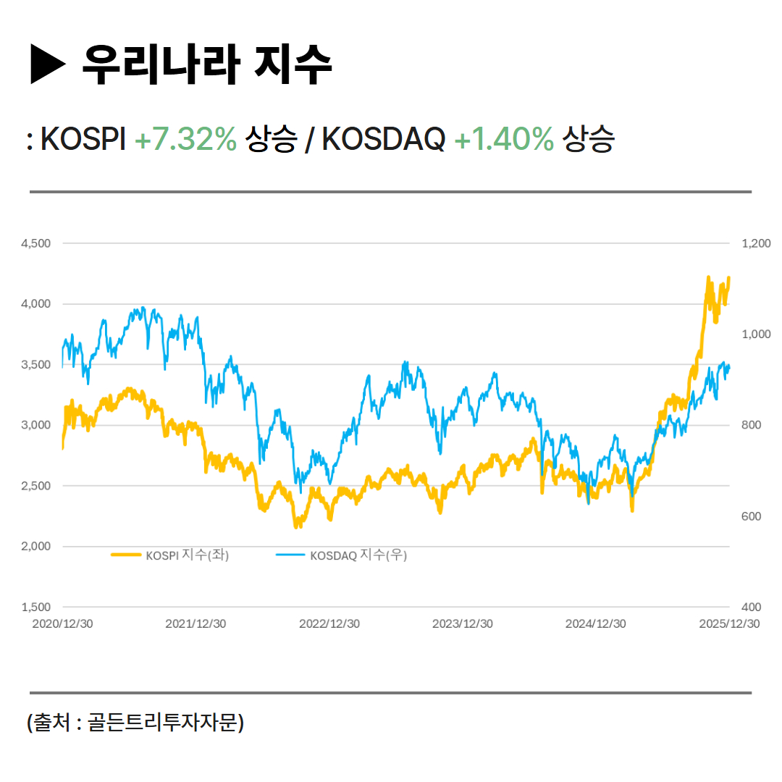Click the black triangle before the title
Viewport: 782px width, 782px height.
[x=49, y=64]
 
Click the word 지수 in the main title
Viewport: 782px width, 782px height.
[x=294, y=64]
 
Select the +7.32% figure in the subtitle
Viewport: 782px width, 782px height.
[x=185, y=139]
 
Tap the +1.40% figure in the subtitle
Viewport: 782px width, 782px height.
[x=504, y=139]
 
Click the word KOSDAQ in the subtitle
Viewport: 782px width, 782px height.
[x=383, y=139]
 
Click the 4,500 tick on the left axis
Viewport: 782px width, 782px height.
[x=36, y=243]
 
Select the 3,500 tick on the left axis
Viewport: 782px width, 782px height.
[x=36, y=364]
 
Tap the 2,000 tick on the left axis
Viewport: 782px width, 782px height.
[x=36, y=546]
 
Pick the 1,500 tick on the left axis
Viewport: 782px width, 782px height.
[x=36, y=607]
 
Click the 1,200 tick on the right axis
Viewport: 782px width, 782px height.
[x=756, y=243]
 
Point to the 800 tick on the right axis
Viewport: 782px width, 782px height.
[x=751, y=425]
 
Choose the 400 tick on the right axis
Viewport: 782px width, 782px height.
[x=751, y=607]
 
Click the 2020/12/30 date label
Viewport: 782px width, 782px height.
[x=62, y=623]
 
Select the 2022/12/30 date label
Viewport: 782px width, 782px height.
[x=329, y=623]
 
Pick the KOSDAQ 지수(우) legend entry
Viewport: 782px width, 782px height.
[x=358, y=555]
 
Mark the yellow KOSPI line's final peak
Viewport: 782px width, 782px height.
[x=728, y=277]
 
